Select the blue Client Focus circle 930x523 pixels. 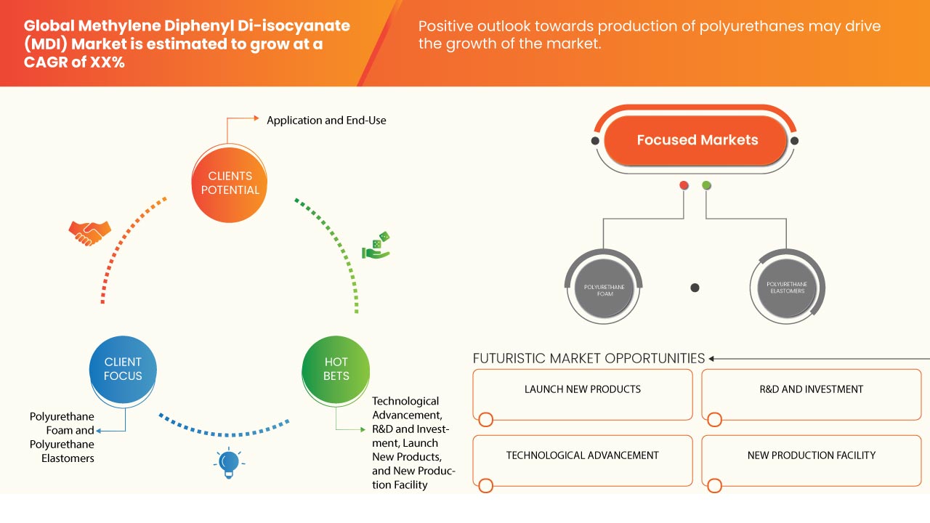(123, 369)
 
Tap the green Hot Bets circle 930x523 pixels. (336, 369)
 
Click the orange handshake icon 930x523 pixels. (89, 232)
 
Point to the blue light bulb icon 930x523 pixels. (229, 462)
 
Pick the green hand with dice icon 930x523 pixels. (376, 246)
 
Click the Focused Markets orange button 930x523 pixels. (697, 140)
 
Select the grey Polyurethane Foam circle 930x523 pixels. (604, 288)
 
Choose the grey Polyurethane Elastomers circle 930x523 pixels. (785, 288)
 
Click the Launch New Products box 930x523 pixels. (583, 394)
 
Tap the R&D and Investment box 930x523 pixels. (811, 394)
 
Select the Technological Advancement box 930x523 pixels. (583, 460)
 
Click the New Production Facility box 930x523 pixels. (811, 460)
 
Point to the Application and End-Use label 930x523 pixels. (326, 121)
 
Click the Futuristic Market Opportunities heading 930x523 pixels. (589, 358)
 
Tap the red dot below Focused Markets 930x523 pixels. (684, 186)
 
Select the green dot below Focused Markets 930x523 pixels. (706, 186)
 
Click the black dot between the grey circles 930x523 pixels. (695, 288)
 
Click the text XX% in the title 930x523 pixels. (107, 62)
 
